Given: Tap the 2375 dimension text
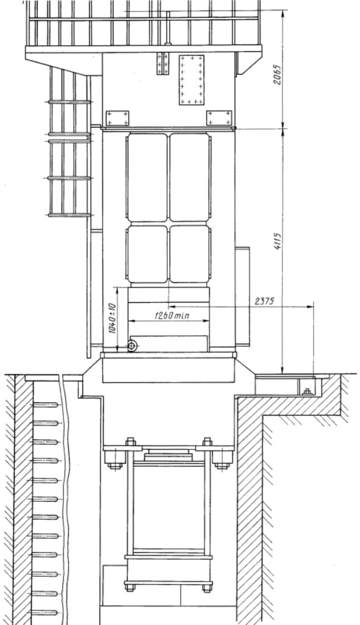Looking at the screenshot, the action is pos(264,301).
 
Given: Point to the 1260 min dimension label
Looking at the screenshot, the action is pos(172,316).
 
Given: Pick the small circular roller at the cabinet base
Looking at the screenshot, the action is pos(132,346).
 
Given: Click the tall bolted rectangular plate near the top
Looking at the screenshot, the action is pos(192,80).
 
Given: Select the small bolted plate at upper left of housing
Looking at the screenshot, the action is pos(117,118).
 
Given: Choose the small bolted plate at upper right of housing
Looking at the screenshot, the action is pos(219,118).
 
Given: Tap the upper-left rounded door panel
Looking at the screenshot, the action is pos(147,178).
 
